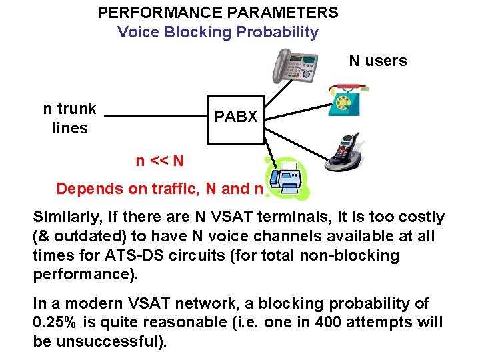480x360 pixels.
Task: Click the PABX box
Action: pos(235,117)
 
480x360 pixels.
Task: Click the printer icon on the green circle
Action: pos(287,179)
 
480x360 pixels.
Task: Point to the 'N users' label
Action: pos(377,61)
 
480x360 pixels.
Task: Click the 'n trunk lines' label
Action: pos(69,118)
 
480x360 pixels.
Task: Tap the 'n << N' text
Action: pos(159,161)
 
